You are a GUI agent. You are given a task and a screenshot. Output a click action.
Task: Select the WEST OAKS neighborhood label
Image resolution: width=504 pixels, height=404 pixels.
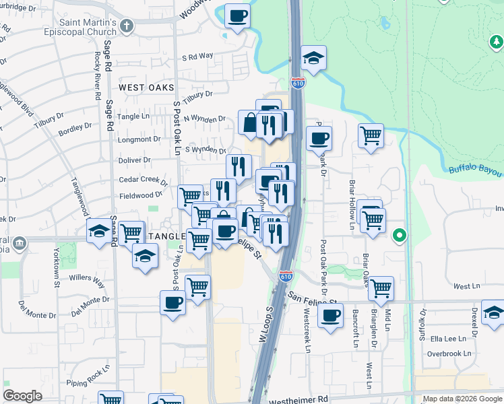(x=146, y=88)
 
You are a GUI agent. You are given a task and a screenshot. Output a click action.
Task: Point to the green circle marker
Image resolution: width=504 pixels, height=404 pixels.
(x=399, y=236)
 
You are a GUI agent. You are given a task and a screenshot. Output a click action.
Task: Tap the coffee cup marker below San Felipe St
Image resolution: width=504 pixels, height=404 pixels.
(x=329, y=316)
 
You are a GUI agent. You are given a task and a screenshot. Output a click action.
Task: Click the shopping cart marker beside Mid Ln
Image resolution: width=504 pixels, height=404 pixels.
(x=381, y=288)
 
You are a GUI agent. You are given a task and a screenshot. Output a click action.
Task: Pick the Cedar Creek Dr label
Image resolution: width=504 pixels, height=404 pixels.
(x=143, y=180)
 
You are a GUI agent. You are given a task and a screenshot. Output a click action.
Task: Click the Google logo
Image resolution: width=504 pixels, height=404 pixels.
(x=22, y=396)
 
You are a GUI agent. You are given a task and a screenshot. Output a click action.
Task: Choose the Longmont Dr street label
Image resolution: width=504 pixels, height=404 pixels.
(x=139, y=139)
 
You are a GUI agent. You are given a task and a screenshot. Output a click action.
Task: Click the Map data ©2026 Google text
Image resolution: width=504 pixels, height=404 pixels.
(x=462, y=399)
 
